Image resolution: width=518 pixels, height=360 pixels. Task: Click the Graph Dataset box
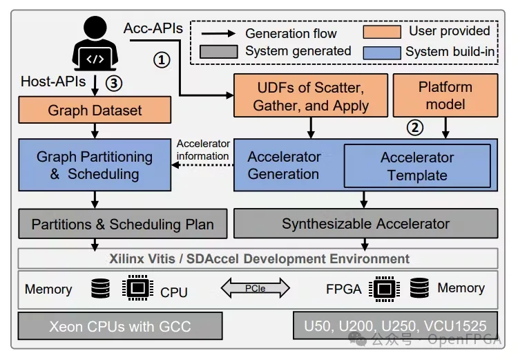click(95, 111)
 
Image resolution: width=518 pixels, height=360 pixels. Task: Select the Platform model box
click(445, 96)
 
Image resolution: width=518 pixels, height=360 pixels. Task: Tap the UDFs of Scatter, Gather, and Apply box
click(310, 96)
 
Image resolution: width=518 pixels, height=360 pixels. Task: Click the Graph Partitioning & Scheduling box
click(95, 164)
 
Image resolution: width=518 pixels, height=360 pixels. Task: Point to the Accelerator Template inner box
click(417, 166)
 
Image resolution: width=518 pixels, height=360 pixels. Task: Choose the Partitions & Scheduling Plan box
click(122, 224)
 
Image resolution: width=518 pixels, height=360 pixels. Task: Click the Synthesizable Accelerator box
click(365, 224)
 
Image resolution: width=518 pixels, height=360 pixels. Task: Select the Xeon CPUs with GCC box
click(121, 325)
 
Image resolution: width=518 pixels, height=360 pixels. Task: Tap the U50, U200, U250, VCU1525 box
click(395, 325)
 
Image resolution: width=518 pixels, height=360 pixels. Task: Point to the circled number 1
click(161, 59)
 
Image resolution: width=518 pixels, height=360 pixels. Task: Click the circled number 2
click(414, 126)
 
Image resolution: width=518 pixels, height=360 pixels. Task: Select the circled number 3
click(115, 83)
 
